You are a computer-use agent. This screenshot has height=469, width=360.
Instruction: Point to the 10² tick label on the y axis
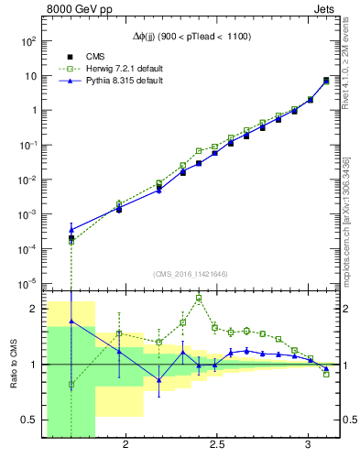(x=28, y=41)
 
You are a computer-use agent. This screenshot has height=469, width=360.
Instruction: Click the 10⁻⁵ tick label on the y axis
(x=28, y=283)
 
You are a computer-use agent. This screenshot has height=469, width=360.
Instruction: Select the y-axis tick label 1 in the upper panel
(x=33, y=111)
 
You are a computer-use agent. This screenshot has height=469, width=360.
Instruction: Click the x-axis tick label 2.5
(x=216, y=445)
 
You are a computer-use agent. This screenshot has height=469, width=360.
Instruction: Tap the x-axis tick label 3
(x=309, y=445)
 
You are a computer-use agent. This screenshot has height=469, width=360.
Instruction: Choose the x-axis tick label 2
(x=125, y=445)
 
